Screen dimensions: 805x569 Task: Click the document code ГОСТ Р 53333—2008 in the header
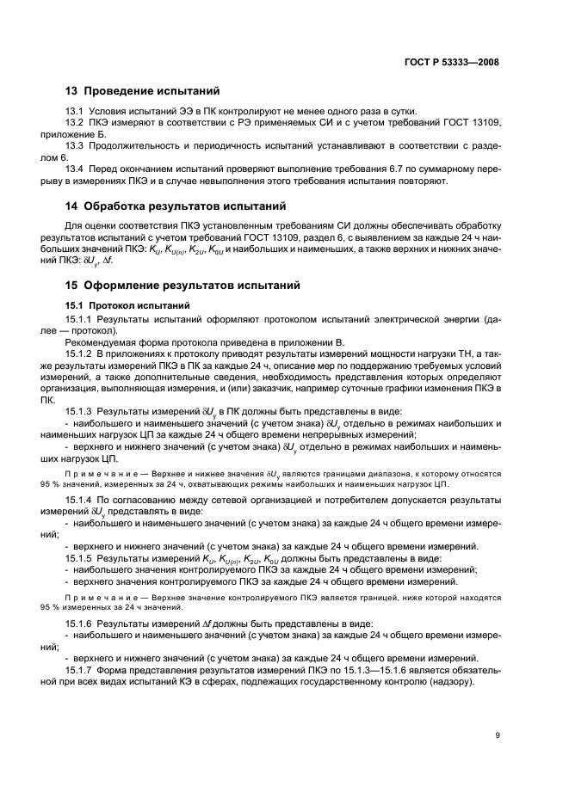pos(451,62)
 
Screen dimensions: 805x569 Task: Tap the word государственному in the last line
pos(357,682)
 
